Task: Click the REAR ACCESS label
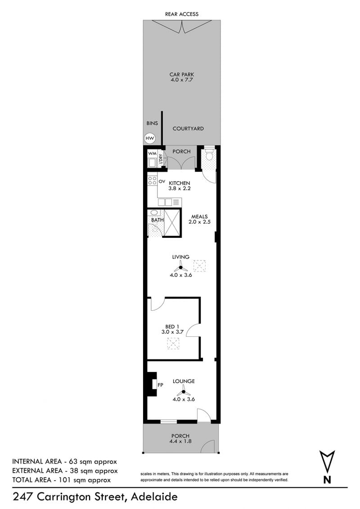click(x=182, y=14)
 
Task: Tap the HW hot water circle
click(x=149, y=138)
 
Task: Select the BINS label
click(x=152, y=123)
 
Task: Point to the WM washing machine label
click(x=152, y=153)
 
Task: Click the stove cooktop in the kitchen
click(x=153, y=180)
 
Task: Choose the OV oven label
click(x=162, y=182)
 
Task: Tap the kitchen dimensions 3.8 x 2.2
click(x=180, y=188)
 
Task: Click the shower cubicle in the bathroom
click(x=172, y=223)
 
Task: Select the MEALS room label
click(x=199, y=217)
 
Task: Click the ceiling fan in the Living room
click(x=180, y=268)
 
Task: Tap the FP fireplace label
click(x=160, y=385)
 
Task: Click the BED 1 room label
click(x=172, y=326)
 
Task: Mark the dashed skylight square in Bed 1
click(x=174, y=344)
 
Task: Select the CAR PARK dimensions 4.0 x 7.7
click(x=182, y=80)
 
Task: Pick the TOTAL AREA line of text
click(x=61, y=480)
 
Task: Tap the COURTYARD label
click(x=188, y=129)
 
